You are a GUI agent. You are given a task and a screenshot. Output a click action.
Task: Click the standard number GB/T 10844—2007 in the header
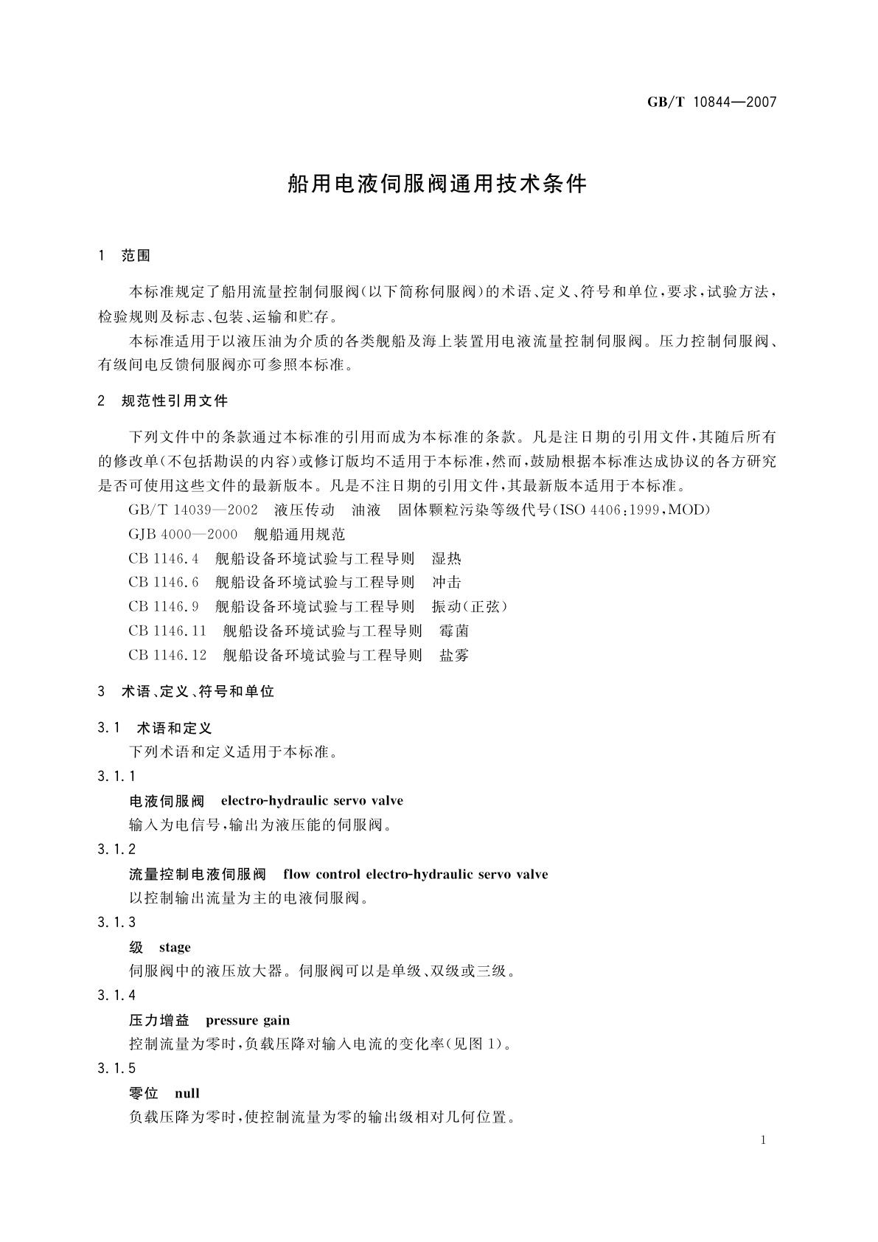[711, 102]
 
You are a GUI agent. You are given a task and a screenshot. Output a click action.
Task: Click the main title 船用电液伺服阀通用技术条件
[437, 184]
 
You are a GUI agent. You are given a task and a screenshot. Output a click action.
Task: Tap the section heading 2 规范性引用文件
[163, 401]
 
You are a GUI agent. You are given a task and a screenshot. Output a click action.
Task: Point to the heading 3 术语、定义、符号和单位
[186, 692]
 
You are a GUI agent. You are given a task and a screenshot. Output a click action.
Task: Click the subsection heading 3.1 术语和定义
[155, 728]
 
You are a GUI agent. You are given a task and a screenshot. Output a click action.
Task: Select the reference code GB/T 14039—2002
[193, 510]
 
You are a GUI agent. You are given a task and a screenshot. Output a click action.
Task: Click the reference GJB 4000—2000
[183, 534]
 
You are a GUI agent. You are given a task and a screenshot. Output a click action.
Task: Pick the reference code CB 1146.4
[164, 558]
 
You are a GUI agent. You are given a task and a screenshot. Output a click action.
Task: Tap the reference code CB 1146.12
[167, 655]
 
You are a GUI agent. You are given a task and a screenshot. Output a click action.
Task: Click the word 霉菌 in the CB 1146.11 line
[453, 631]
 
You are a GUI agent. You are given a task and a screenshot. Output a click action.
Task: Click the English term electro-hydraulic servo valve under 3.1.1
[312, 800]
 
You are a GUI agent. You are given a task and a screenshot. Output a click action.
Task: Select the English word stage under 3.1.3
[175, 947]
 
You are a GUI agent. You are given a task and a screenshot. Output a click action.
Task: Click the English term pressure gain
[248, 1020]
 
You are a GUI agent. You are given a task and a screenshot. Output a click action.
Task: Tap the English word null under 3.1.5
[187, 1093]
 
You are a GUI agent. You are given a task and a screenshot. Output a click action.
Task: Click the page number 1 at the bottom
[762, 1140]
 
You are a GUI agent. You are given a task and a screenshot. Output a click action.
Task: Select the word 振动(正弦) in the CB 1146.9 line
[470, 606]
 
